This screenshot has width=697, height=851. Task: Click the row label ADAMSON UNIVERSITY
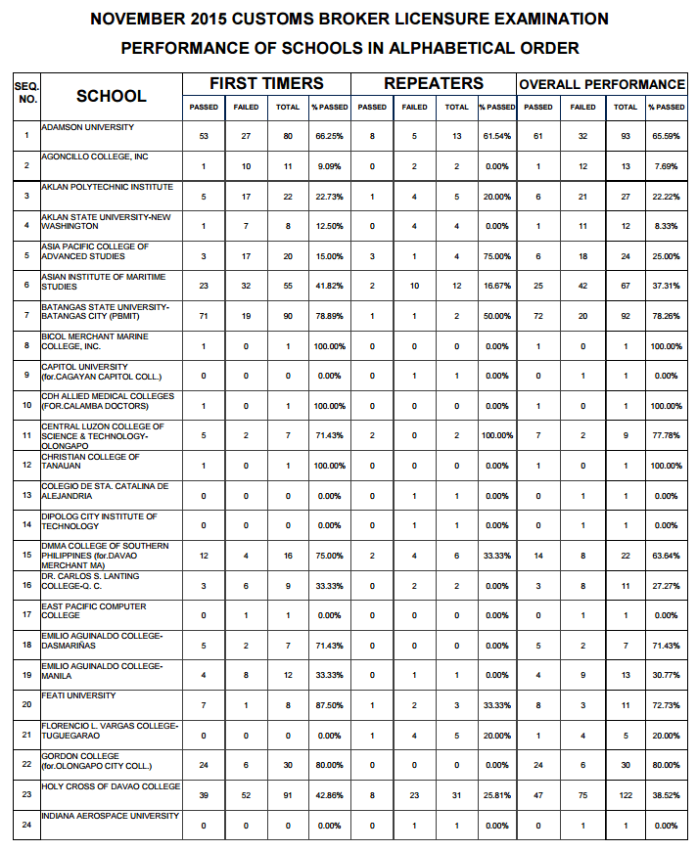(x=88, y=127)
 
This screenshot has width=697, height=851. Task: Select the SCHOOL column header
(x=112, y=96)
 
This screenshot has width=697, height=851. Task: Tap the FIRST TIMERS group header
(x=266, y=83)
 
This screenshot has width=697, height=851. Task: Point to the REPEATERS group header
(x=434, y=83)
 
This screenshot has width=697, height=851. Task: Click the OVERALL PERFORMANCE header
(x=602, y=84)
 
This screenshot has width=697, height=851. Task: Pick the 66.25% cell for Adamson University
(x=329, y=136)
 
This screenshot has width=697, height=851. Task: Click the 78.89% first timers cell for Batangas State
(x=329, y=317)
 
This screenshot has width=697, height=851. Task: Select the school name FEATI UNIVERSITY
(x=78, y=695)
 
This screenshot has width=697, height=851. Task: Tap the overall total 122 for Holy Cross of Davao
(x=626, y=796)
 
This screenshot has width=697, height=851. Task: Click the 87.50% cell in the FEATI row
(x=329, y=705)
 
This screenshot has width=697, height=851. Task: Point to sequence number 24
(x=26, y=826)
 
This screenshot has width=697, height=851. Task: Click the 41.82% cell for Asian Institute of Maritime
(x=329, y=287)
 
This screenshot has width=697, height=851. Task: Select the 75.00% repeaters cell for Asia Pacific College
(x=496, y=256)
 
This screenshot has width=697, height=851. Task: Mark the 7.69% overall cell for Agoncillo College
(x=666, y=166)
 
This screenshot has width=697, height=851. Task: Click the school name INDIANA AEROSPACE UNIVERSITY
(x=110, y=816)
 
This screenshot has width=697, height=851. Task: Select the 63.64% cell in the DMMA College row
(x=666, y=556)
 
